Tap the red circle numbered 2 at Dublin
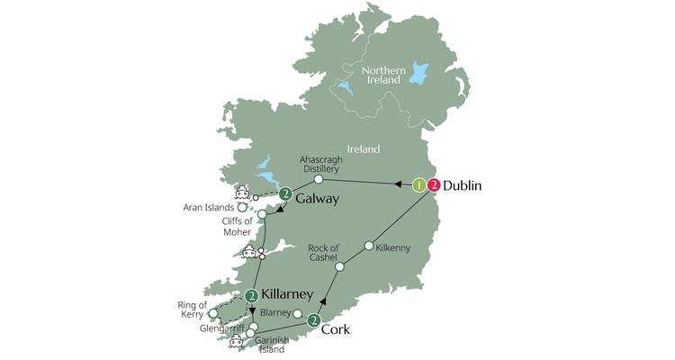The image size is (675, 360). pos(435,186)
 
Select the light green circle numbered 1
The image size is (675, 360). pos(419,186)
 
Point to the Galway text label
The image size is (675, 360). pos(317,199)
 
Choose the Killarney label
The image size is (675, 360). pos(286,294)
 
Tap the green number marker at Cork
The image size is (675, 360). pos(314,319)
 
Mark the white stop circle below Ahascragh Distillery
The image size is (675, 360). pos(319,179)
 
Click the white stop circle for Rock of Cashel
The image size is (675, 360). pos(340,266)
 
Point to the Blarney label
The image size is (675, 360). pos(276,313)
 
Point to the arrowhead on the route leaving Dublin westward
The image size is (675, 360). pos(398,184)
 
